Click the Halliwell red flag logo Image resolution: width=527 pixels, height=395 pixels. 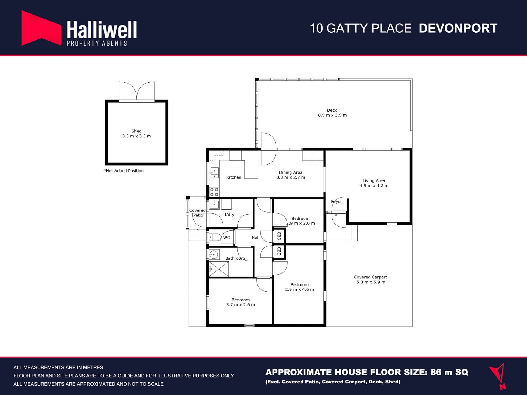tap(41, 28)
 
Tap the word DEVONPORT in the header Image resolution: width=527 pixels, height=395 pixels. tap(458, 28)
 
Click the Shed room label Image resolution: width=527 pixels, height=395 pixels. tap(136, 131)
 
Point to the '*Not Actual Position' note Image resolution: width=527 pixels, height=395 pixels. tap(124, 171)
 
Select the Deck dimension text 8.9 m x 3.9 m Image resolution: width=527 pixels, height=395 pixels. tap(332, 115)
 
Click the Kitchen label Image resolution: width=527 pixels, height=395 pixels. tap(234, 177)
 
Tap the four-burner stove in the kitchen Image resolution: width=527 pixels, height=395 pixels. tap(214, 192)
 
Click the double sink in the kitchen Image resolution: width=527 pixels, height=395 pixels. tap(214, 173)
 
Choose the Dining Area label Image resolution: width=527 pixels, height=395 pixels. tap(291, 173)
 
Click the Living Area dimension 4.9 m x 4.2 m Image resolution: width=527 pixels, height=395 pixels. tap(374, 185)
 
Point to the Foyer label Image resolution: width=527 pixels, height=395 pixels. tap(337, 202)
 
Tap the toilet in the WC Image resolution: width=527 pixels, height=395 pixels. tap(215, 237)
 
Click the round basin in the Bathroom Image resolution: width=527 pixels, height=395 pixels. tap(214, 255)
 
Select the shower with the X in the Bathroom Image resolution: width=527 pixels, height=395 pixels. tap(219, 269)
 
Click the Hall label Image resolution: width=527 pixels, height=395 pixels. tap(256, 238)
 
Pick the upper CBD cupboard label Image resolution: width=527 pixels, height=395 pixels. tap(279, 236)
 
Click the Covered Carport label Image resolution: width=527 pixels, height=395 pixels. tap(371, 277)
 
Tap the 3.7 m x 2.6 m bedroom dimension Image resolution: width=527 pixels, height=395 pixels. tap(240, 305)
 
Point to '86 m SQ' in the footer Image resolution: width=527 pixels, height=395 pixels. tap(449, 372)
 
